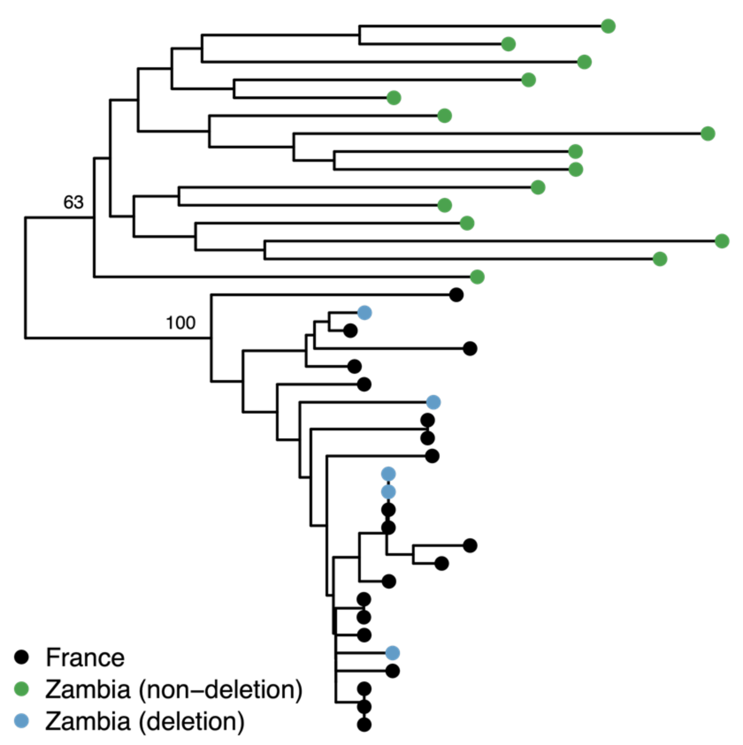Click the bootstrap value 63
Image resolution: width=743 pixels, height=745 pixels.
click(73, 202)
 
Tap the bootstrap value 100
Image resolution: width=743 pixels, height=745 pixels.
click(180, 323)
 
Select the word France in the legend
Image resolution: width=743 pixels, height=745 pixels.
click(85, 658)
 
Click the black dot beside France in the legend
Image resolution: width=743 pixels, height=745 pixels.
click(21, 657)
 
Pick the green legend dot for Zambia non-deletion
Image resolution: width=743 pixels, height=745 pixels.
click(21, 689)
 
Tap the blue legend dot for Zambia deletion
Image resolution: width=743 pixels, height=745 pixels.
click(21, 721)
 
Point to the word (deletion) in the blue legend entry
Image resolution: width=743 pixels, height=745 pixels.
click(191, 721)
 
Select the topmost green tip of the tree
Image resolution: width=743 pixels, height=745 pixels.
click(608, 26)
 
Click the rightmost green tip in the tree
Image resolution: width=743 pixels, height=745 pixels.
click(722, 241)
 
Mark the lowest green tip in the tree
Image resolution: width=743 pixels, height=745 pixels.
click(477, 277)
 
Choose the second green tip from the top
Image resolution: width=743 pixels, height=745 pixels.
click(508, 44)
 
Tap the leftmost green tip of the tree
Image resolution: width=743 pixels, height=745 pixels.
click(394, 98)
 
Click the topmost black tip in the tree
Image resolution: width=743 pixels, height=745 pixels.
click(456, 294)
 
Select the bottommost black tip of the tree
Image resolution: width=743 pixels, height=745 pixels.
click(364, 725)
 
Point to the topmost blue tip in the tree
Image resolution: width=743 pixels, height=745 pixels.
click(364, 312)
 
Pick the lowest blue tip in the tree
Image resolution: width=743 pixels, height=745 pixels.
click(392, 653)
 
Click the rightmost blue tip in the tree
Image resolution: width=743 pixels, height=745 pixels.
click(433, 402)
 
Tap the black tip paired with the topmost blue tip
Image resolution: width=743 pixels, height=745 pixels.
click(350, 331)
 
